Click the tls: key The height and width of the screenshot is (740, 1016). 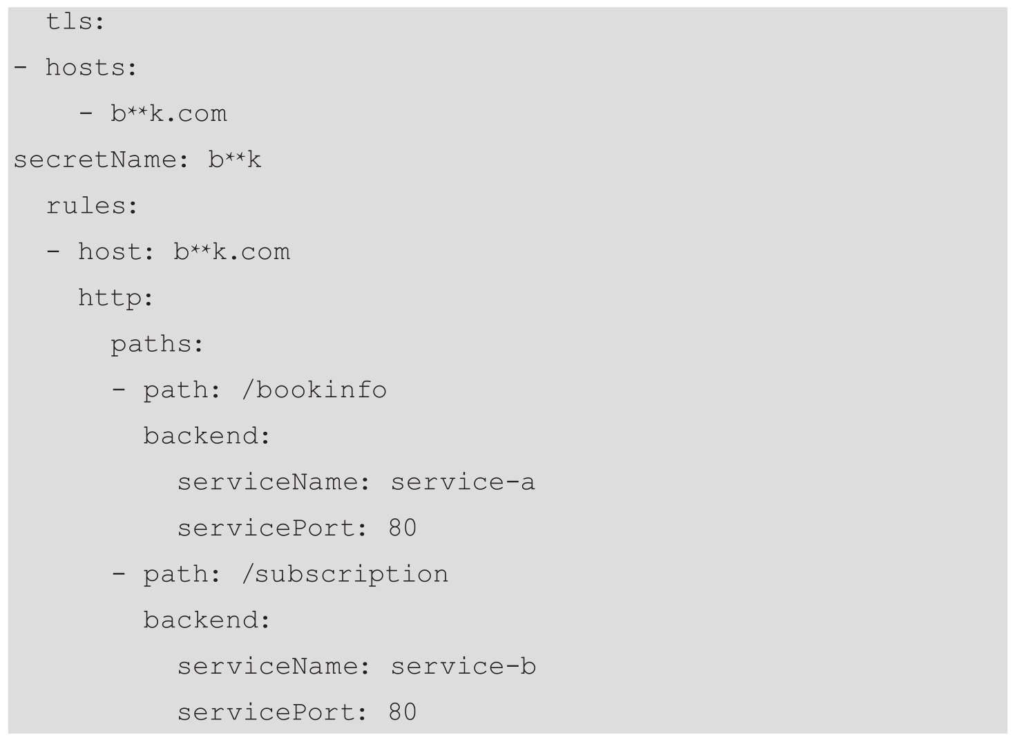[75, 22]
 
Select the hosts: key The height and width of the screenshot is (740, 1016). [92, 68]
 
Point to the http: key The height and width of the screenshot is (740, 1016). [115, 298]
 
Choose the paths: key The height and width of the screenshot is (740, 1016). [157, 344]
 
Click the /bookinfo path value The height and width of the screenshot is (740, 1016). [314, 390]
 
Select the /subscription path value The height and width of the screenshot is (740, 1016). [345, 575]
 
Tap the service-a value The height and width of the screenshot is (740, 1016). [463, 482]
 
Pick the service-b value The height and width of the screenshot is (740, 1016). [463, 667]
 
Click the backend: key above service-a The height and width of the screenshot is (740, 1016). [207, 436]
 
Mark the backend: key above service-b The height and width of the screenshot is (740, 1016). [207, 620]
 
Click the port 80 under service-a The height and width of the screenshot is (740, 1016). [403, 529]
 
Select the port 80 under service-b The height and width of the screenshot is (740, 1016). [403, 712]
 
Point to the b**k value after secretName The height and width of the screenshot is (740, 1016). [235, 160]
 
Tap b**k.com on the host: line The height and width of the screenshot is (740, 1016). [231, 252]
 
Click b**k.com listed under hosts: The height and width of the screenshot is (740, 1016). [169, 114]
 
